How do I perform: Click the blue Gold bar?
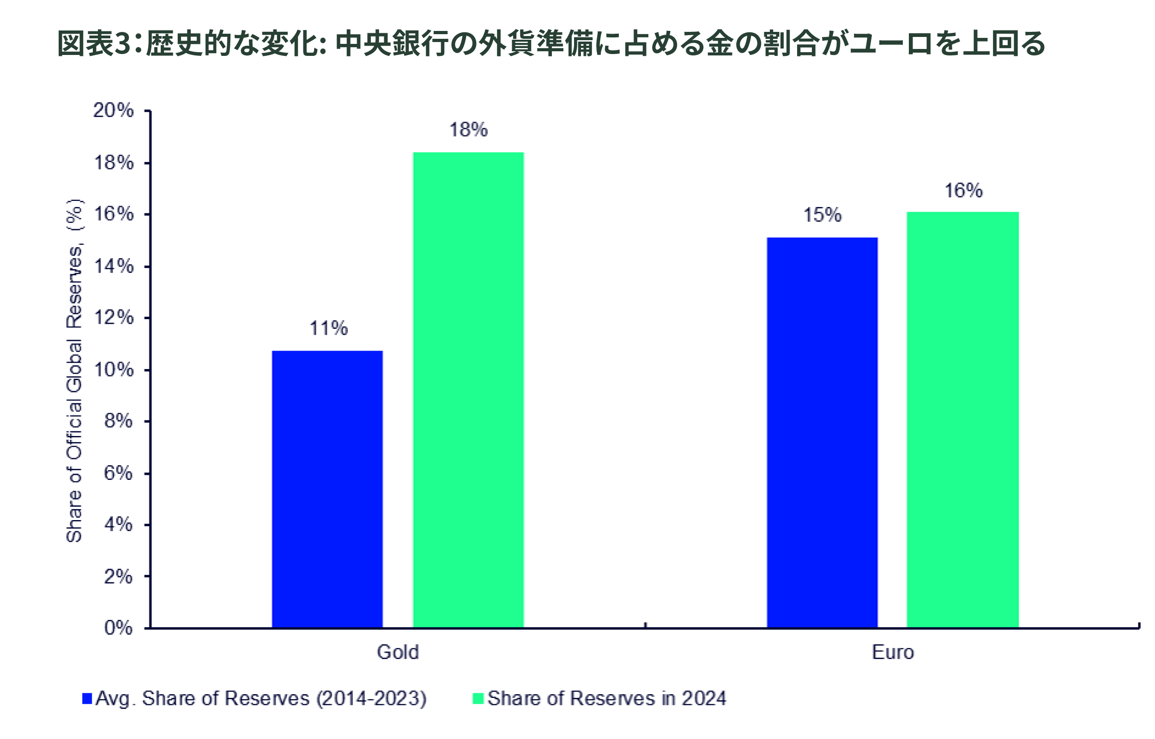(x=327, y=489)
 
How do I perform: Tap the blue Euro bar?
(x=822, y=432)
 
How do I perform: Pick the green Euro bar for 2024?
(x=962, y=419)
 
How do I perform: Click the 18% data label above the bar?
(x=468, y=130)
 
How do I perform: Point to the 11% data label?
(x=329, y=329)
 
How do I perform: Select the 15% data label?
(x=822, y=215)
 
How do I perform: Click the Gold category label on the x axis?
(x=398, y=652)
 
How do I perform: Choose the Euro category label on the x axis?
(x=893, y=652)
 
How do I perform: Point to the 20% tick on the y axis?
(x=114, y=111)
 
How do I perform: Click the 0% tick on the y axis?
(x=119, y=628)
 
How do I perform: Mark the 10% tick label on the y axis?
(x=114, y=370)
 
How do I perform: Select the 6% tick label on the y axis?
(x=119, y=473)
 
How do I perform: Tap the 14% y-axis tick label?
(x=114, y=267)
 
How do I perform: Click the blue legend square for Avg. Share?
(x=87, y=698)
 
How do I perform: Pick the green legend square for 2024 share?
(x=478, y=698)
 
